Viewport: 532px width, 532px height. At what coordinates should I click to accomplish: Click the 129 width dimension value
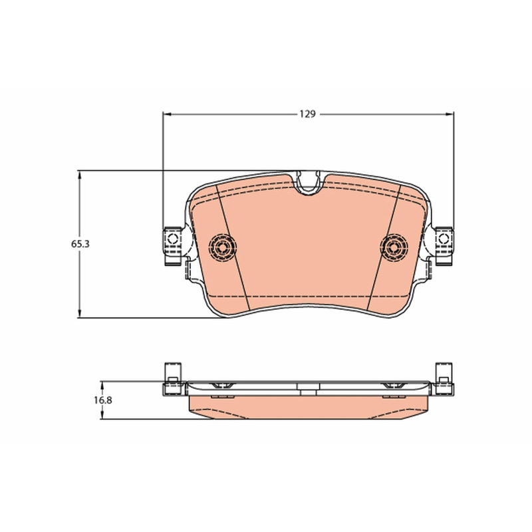[x=307, y=114]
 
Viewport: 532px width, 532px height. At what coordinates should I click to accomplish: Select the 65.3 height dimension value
[x=80, y=244]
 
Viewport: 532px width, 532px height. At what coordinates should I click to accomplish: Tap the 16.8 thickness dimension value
[x=103, y=400]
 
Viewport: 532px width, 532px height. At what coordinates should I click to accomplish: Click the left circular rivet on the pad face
[x=223, y=247]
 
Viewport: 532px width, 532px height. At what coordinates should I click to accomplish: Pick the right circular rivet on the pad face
[x=394, y=247]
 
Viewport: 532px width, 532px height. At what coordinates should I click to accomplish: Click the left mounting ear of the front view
[x=173, y=246]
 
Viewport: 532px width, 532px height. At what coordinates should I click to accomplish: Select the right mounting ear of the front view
[x=444, y=246]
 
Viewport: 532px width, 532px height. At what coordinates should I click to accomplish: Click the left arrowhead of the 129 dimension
[x=166, y=114]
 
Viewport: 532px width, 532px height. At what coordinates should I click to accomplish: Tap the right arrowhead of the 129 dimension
[x=450, y=114]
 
